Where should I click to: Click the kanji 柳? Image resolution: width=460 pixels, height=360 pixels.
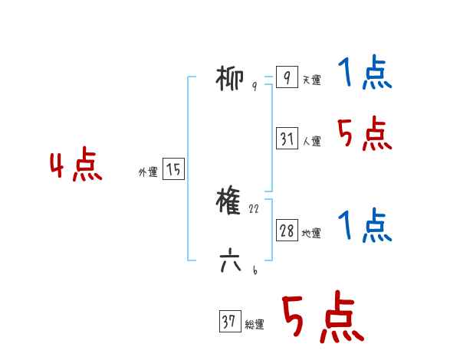point(231,78)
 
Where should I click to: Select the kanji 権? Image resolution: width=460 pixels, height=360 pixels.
point(231,201)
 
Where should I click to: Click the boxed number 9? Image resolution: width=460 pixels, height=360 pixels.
point(287,78)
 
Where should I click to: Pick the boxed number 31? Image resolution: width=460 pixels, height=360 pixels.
point(287,139)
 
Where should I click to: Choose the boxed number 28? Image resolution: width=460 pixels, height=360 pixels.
point(287,231)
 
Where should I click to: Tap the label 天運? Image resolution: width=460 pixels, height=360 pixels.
point(312,80)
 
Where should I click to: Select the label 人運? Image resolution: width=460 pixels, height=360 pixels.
point(312,142)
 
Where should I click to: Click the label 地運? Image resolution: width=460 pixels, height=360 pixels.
point(312,234)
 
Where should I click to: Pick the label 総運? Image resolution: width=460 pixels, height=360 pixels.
point(255,325)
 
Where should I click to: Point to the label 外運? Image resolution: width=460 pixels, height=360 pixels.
point(148,172)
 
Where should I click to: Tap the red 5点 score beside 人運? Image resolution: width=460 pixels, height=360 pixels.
point(365,134)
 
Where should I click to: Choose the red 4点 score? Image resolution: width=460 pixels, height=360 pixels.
point(76,167)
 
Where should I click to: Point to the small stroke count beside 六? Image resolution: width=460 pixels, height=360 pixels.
point(254,270)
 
